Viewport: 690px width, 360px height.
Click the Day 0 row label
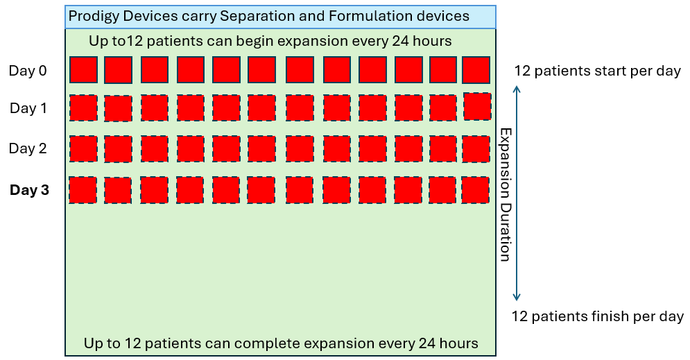click(28, 70)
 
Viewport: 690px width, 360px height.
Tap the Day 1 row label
click(28, 108)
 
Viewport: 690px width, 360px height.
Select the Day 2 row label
click(28, 148)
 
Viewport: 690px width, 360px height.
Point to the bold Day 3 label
click(30, 189)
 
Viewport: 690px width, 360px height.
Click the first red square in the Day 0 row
click(83, 70)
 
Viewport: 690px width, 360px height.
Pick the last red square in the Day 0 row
click(476, 70)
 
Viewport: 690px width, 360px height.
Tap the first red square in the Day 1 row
click(83, 108)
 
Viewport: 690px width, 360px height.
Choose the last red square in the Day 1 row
click(476, 106)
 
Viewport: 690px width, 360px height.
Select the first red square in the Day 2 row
click(83, 148)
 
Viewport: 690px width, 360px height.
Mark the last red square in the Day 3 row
click(476, 189)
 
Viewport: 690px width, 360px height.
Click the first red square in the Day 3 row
click(83, 189)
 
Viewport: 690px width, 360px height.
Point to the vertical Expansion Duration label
click(506, 194)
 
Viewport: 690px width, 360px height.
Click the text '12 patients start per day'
click(597, 71)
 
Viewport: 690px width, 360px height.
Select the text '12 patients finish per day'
click(598, 317)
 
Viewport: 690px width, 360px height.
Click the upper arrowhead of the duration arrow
click(516, 88)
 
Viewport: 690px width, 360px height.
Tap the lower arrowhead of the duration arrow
click(516, 298)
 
